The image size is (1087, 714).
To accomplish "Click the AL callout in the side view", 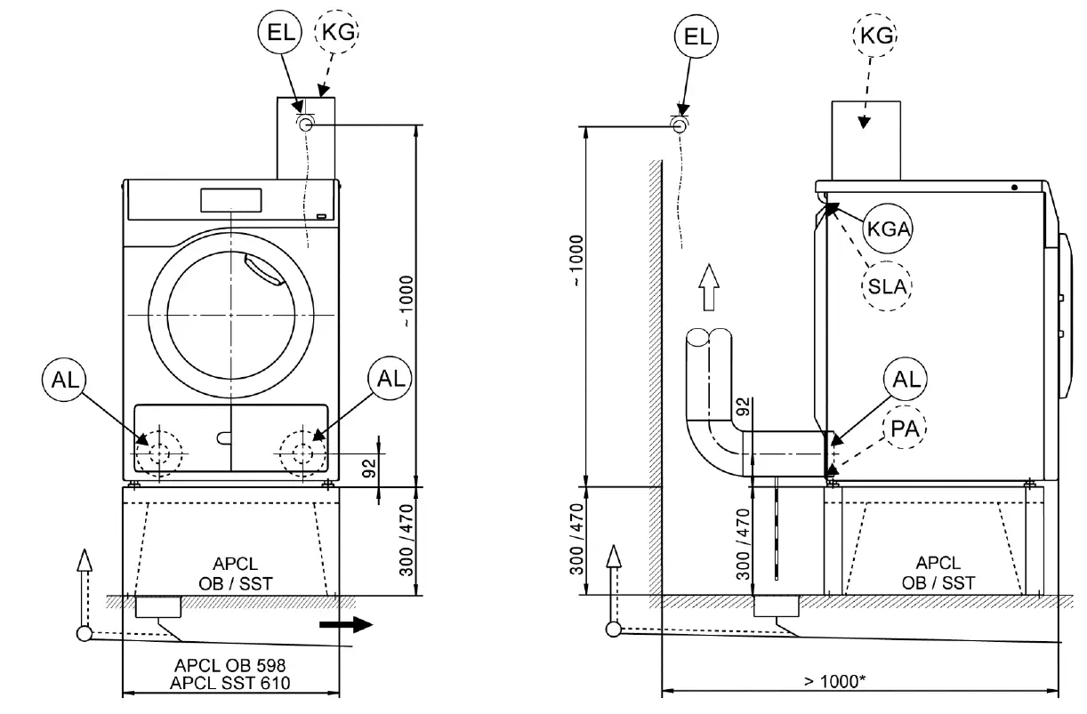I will [x=905, y=379].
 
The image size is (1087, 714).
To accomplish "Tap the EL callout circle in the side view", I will [x=696, y=36].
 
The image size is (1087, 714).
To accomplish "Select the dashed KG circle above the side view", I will [x=874, y=36].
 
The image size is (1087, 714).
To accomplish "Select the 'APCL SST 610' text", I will [x=231, y=683].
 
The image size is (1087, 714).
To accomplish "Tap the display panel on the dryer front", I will [x=229, y=200].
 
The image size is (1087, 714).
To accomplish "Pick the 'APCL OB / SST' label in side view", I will [x=938, y=573].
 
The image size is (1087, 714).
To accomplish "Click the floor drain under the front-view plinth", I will [x=157, y=608].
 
